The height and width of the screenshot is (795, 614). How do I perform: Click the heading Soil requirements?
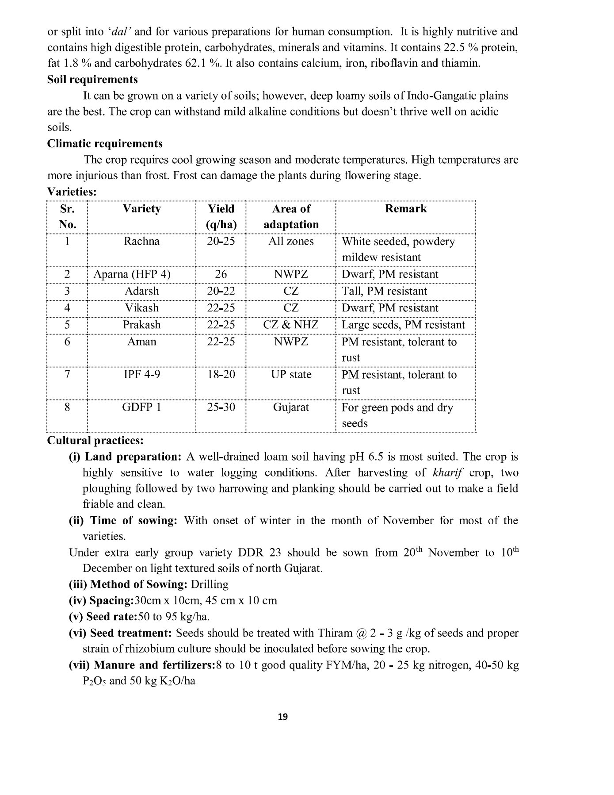tap(92, 80)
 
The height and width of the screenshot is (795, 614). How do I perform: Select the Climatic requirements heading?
tap(105, 144)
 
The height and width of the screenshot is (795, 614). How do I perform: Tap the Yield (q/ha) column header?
tap(221, 217)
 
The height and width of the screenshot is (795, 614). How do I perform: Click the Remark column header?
tap(406, 209)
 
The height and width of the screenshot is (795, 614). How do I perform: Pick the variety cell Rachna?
tap(141, 242)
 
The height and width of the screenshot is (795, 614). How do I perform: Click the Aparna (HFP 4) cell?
tap(132, 274)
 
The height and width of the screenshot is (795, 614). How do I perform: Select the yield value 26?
tap(221, 274)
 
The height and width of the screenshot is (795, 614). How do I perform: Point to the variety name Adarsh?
tap(141, 291)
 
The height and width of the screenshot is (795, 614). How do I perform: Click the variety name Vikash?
tap(141, 308)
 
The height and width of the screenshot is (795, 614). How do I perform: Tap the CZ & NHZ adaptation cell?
tap(290, 325)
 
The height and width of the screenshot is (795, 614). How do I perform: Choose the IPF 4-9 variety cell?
tap(141, 375)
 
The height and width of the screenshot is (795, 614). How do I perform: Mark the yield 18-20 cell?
tap(221, 375)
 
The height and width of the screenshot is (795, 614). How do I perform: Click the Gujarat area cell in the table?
tap(291, 407)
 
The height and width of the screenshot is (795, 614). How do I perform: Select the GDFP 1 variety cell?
tap(141, 407)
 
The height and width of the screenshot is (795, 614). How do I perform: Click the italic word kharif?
tap(446, 473)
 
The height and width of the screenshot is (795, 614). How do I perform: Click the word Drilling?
tap(210, 585)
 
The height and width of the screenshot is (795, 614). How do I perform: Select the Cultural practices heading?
tap(95, 441)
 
